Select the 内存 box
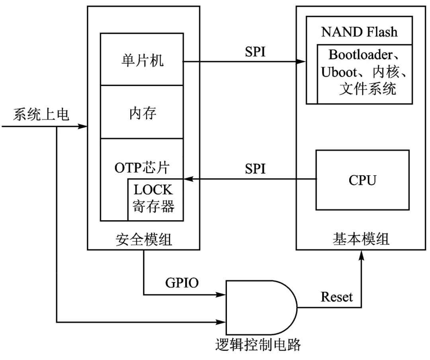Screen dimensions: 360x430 click(141, 113)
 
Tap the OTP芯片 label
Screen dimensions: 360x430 click(142, 167)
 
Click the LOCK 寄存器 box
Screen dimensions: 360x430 click(155, 200)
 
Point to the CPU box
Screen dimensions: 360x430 click(362, 180)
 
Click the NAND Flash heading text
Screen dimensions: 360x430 click(359, 32)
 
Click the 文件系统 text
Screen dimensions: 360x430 click(367, 89)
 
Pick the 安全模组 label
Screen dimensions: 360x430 click(144, 239)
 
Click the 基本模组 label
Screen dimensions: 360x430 click(361, 239)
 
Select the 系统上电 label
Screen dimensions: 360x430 click(41, 115)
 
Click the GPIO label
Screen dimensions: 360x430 click(182, 283)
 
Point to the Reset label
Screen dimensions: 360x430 click(336, 297)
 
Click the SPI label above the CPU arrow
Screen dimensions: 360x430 click(255, 169)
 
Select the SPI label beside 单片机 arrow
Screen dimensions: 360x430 click(255, 52)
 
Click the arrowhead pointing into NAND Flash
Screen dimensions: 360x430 click(301, 62)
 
